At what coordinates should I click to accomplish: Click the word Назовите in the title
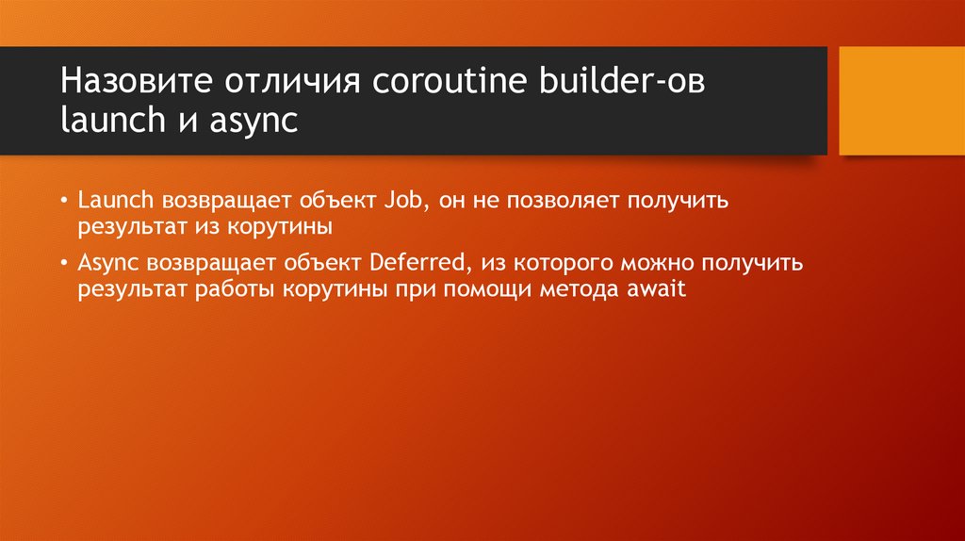click(134, 80)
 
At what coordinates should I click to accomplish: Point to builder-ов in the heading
click(621, 80)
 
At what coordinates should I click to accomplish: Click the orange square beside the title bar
click(901, 100)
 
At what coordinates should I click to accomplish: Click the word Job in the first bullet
click(401, 201)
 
